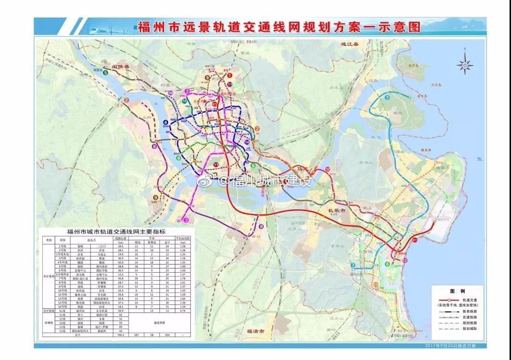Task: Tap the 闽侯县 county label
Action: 121,67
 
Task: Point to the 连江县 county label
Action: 344,43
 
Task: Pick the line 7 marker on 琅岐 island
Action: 387,97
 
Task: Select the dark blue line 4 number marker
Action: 165,123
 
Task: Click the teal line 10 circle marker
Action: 184,101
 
